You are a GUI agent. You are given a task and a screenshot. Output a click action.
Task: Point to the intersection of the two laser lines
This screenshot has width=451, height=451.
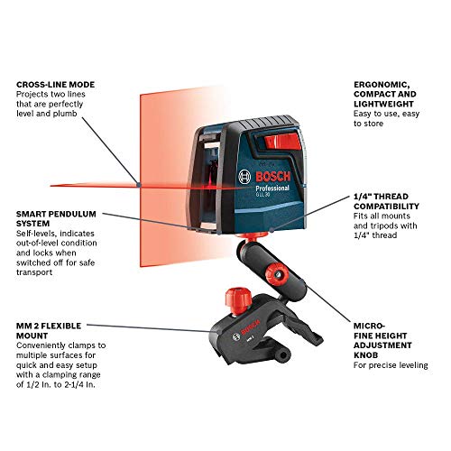tap(135, 184)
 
